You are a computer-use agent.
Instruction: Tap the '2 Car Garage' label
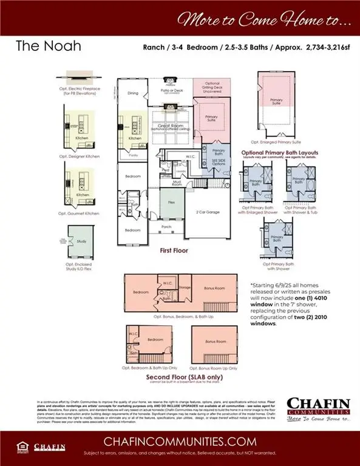tap(208, 212)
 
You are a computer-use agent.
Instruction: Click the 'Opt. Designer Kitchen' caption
tap(80, 157)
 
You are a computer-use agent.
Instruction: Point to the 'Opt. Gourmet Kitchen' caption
tap(79, 213)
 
